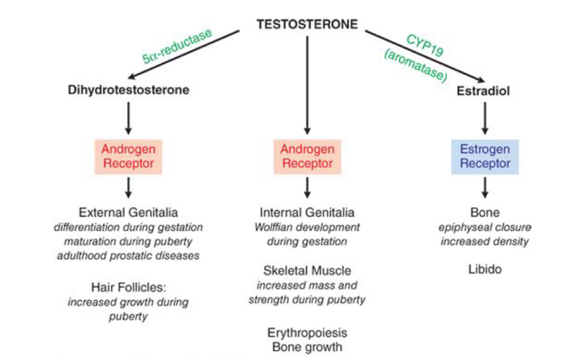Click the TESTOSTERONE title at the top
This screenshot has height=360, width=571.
point(307,25)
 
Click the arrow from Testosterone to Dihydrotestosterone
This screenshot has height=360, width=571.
point(186,55)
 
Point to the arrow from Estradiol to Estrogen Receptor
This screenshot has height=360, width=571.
point(485,120)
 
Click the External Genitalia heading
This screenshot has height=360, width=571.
point(128,213)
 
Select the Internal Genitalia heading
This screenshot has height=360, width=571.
point(307,213)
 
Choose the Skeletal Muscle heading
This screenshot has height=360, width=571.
point(307,271)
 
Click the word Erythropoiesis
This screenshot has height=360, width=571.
point(307,332)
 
